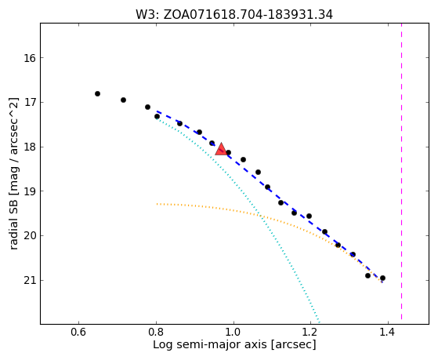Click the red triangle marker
tap(221, 149)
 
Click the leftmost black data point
tap(97, 93)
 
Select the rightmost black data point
tap(382, 278)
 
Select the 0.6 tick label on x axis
tap(78, 332)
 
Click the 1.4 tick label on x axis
tap(387, 332)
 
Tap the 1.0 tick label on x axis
tap(233, 332)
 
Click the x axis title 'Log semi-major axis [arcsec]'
tap(234, 344)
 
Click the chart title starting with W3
tap(234, 15)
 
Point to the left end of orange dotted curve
tap(157, 204)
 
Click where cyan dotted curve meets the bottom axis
tap(319, 323)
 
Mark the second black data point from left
tap(123, 100)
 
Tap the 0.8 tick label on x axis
tap(156, 332)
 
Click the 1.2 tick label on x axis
tap(310, 332)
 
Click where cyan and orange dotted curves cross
tap(260, 216)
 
